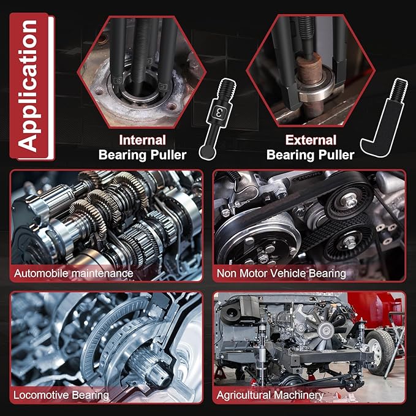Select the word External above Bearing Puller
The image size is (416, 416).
[x=310, y=140]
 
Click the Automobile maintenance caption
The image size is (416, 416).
[x=72, y=273]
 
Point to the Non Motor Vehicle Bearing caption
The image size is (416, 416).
[x=281, y=273]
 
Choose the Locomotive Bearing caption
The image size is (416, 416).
[x=61, y=395]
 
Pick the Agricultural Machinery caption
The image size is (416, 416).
[x=270, y=395]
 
